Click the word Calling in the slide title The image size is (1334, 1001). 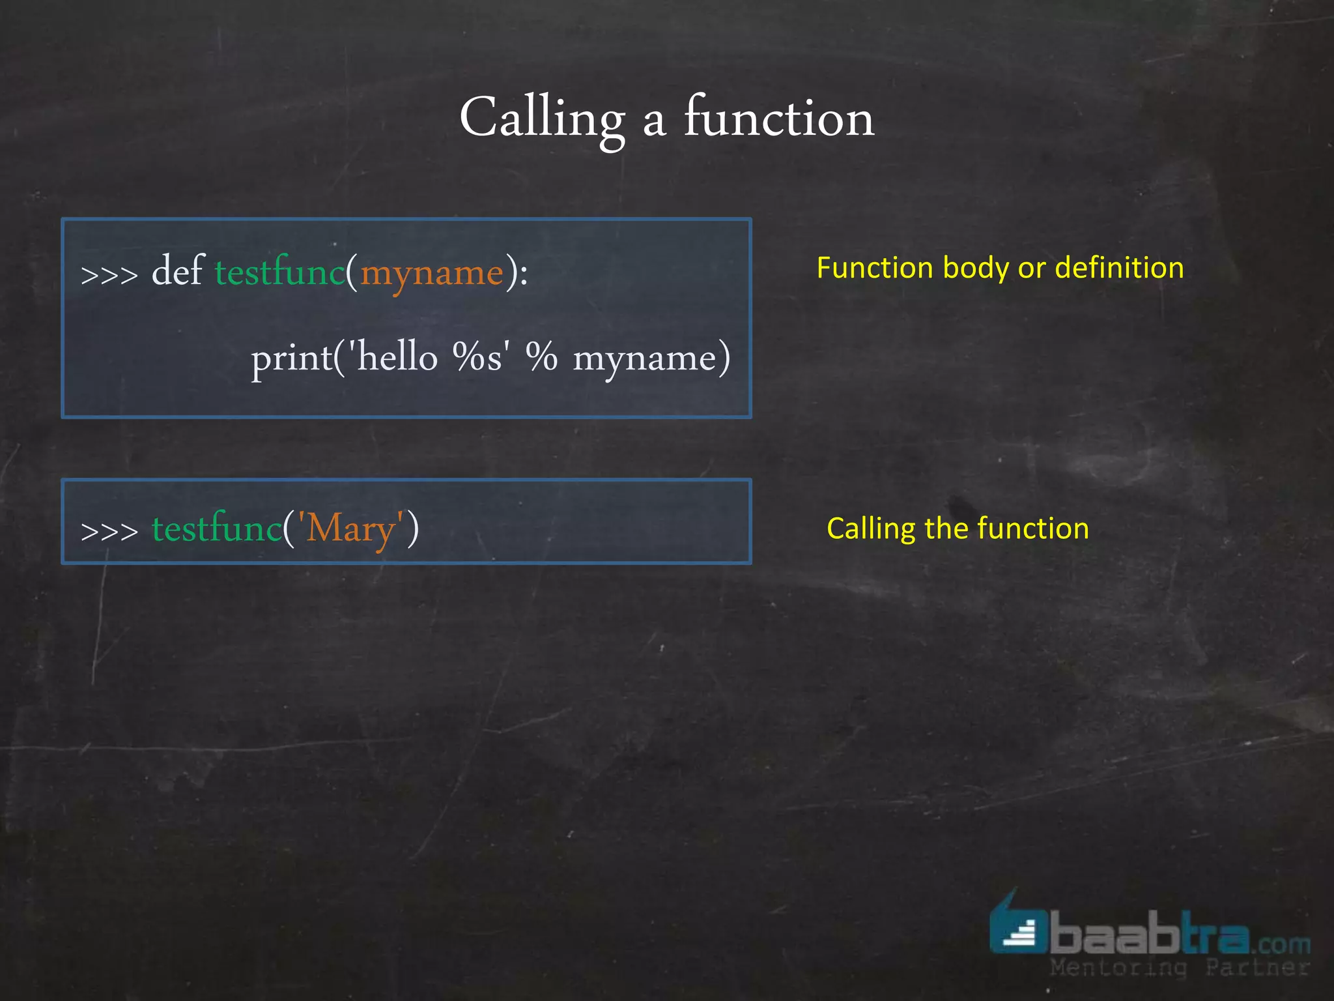pyautogui.click(x=542, y=119)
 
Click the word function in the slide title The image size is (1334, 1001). pyautogui.click(x=778, y=119)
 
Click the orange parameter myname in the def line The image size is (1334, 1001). pyautogui.click(x=432, y=272)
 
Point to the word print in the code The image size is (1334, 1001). pyautogui.click(x=292, y=358)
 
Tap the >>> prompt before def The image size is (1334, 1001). pyautogui.click(x=109, y=274)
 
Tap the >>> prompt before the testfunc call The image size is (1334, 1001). pyautogui.click(x=109, y=530)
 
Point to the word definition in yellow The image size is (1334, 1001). pyautogui.click(x=1119, y=268)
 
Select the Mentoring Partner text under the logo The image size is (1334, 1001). pyautogui.click(x=1179, y=968)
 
